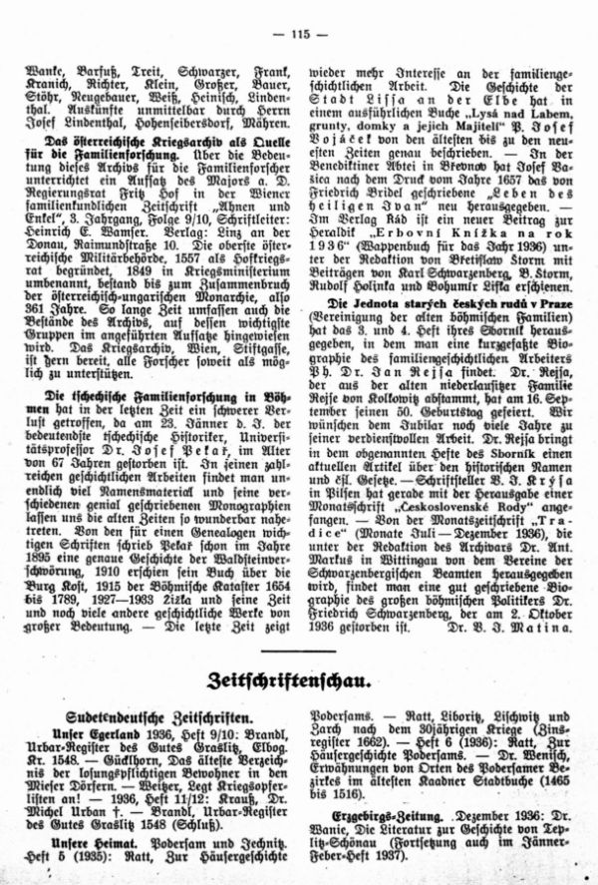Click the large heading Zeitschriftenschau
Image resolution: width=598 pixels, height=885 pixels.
[x=299, y=681]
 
